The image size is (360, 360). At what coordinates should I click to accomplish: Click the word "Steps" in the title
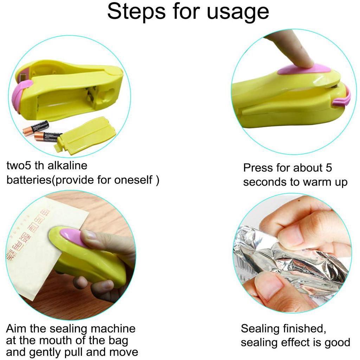pyautogui.click(x=136, y=12)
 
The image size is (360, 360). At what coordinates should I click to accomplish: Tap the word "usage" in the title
pyautogui.click(x=238, y=13)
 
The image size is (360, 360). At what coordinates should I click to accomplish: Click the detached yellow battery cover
pyautogui.click(x=85, y=133)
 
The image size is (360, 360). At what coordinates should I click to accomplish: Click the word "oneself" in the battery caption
pyautogui.click(x=133, y=180)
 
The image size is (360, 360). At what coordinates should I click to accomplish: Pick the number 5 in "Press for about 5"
pyautogui.click(x=329, y=168)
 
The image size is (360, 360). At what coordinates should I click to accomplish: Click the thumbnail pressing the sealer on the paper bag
pyautogui.click(x=89, y=236)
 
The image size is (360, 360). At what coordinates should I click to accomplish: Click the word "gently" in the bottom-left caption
pyautogui.click(x=45, y=352)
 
